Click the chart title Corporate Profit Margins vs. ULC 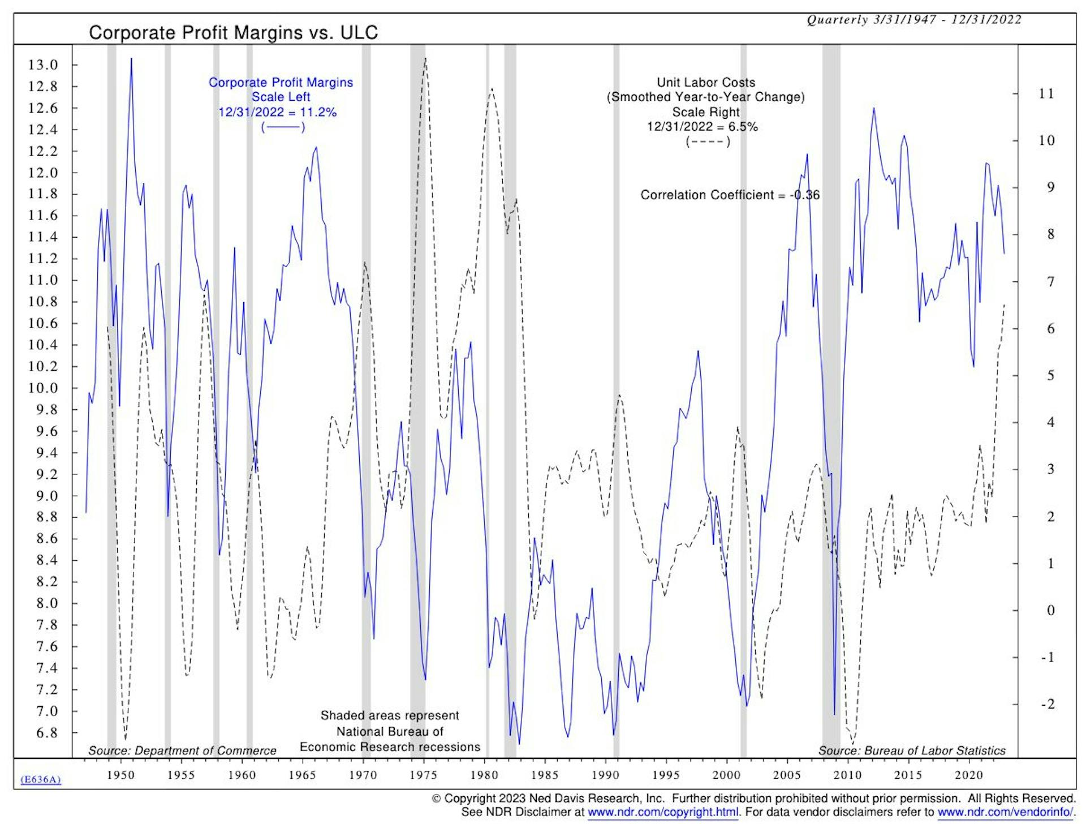pos(233,32)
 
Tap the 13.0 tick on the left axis pos(43,65)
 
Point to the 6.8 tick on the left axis pos(43,733)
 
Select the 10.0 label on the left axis pos(43,388)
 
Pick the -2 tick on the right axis pos(1048,704)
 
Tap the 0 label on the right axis pos(1051,611)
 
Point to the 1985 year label pos(544,775)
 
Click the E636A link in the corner pos(40,780)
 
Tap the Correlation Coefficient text pos(730,195)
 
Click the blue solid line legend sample pos(283,127)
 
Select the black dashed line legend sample pos(708,141)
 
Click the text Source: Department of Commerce pos(182,750)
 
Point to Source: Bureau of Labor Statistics pos(912,750)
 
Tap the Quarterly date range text pos(914,20)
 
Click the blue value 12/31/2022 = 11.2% pos(278,113)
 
